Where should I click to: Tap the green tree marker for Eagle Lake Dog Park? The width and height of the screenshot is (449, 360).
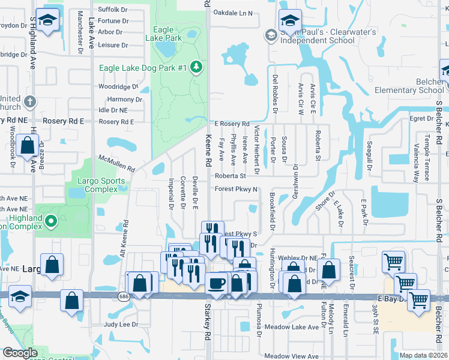196,68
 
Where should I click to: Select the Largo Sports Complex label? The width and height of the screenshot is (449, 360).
101,185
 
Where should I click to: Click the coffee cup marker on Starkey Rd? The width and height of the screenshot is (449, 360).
216,284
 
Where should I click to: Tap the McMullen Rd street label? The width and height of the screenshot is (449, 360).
116,163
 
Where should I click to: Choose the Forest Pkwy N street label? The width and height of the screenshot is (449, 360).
236,190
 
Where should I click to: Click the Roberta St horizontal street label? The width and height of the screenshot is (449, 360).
231,176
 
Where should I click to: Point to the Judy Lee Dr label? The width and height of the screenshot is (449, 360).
121,325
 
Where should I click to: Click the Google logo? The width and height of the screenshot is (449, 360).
20,353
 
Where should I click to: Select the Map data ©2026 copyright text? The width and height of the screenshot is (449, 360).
423,355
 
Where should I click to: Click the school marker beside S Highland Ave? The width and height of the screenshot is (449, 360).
48,20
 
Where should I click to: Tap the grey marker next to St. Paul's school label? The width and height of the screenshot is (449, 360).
271,35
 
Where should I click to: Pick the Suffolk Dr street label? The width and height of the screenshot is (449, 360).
113,10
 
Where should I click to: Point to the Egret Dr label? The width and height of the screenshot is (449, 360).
421,118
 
